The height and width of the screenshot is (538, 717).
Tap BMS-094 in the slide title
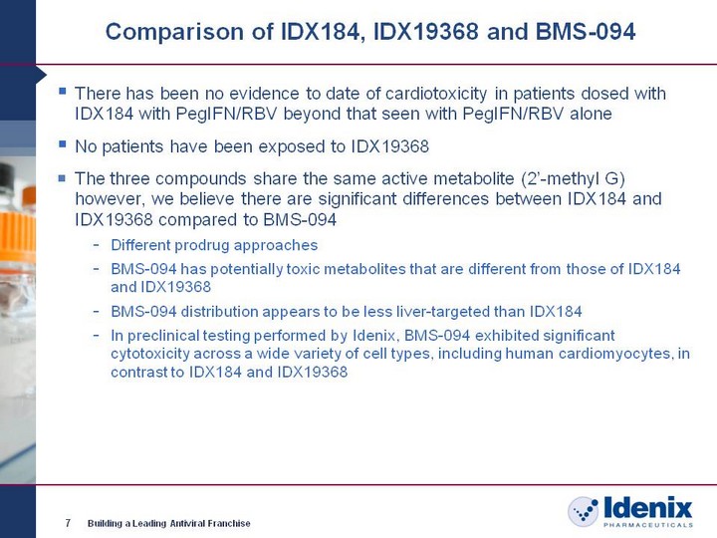pyautogui.click(x=586, y=32)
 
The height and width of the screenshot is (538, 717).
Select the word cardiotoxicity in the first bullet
pyautogui.click(x=436, y=94)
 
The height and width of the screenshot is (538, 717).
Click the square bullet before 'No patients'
pyautogui.click(x=63, y=144)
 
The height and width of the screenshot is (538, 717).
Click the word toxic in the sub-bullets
pyautogui.click(x=303, y=269)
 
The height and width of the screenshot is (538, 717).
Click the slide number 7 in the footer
pyautogui.click(x=68, y=523)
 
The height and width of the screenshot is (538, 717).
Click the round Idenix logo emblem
pyautogui.click(x=583, y=511)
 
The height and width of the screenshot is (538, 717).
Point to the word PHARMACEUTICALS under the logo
pyautogui.click(x=648, y=525)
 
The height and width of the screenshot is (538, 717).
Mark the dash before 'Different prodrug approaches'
pyautogui.click(x=97, y=246)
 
